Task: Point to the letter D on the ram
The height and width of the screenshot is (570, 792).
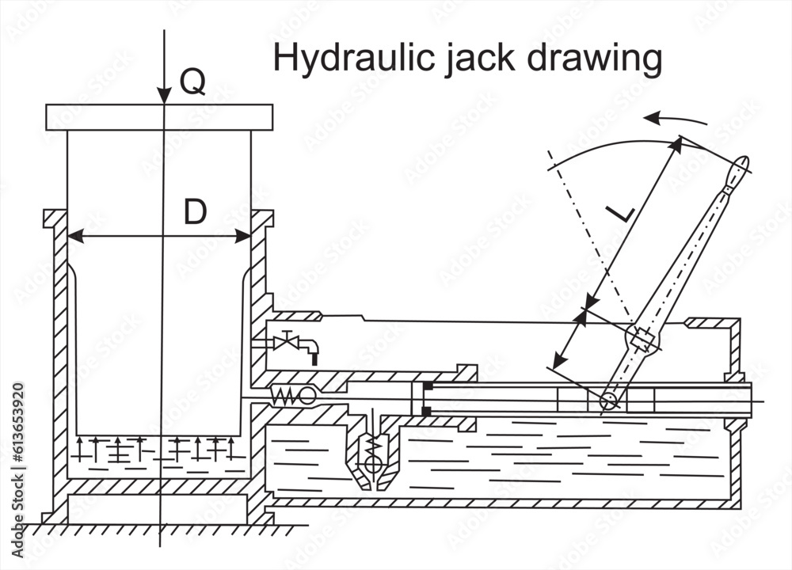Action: pos(195,212)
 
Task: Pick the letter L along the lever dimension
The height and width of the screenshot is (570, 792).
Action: pos(620,212)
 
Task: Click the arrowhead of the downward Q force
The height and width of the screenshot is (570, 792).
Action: pos(164,97)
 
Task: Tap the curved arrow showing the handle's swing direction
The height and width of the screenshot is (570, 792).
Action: pos(673,120)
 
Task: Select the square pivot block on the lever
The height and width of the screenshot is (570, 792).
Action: pos(642,340)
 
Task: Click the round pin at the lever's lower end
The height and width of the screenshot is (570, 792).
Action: pos(608,401)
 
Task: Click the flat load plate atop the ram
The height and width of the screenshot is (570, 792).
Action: pos(159,116)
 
